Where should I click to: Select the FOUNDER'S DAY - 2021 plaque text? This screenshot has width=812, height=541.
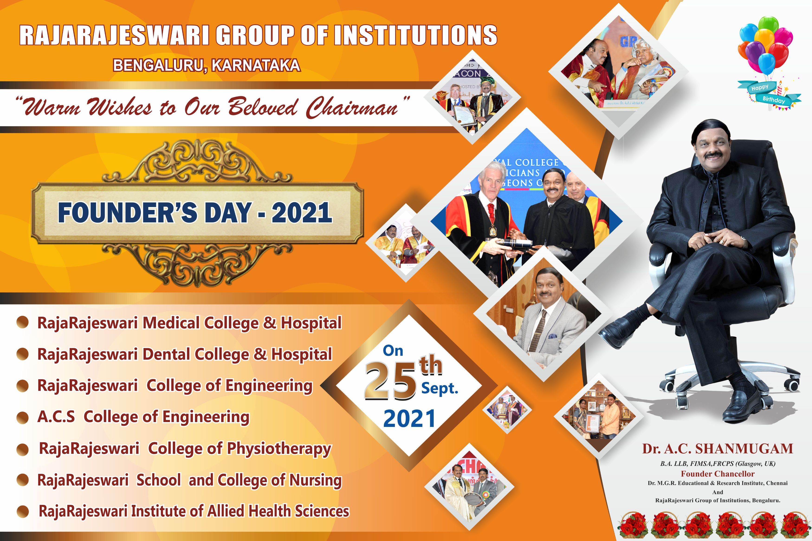pyautogui.click(x=195, y=213)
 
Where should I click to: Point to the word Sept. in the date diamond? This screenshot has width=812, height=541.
pyautogui.click(x=440, y=389)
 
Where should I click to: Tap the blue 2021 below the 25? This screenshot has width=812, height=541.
pyautogui.click(x=409, y=419)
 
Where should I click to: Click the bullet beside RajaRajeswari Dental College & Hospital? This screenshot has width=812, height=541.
pyautogui.click(x=23, y=355)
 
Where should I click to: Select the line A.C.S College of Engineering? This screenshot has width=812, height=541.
pyautogui.click(x=143, y=417)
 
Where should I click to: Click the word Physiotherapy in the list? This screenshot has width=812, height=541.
pyautogui.click(x=279, y=448)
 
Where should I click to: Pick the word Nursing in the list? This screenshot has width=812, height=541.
pyautogui.click(x=315, y=480)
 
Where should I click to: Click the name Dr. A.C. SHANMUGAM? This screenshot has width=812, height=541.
pyautogui.click(x=717, y=448)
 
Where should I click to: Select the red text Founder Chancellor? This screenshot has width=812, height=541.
pyautogui.click(x=717, y=474)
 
